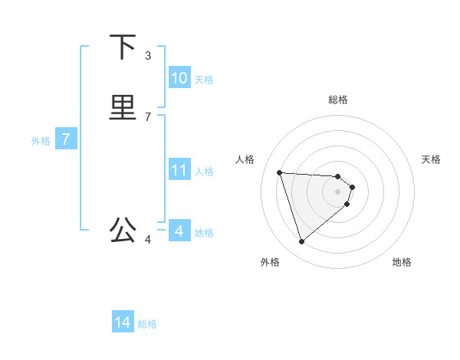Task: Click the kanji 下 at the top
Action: (123, 47)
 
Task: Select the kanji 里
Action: (123, 106)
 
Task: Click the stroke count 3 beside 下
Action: (148, 55)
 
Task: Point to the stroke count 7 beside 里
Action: (148, 116)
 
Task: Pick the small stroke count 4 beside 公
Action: (148, 240)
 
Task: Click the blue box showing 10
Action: (179, 78)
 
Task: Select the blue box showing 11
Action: (179, 170)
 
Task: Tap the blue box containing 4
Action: (179, 231)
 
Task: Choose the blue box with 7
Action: (67, 139)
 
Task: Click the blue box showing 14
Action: (123, 322)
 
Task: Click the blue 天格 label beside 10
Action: (204, 80)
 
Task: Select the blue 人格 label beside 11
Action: (204, 172)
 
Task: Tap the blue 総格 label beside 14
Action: (147, 324)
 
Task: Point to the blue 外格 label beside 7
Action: (41, 141)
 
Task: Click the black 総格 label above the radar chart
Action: (338, 100)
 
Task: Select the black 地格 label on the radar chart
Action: (402, 262)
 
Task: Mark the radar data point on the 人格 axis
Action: (280, 172)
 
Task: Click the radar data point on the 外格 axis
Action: (302, 241)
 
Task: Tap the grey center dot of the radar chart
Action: (338, 191)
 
